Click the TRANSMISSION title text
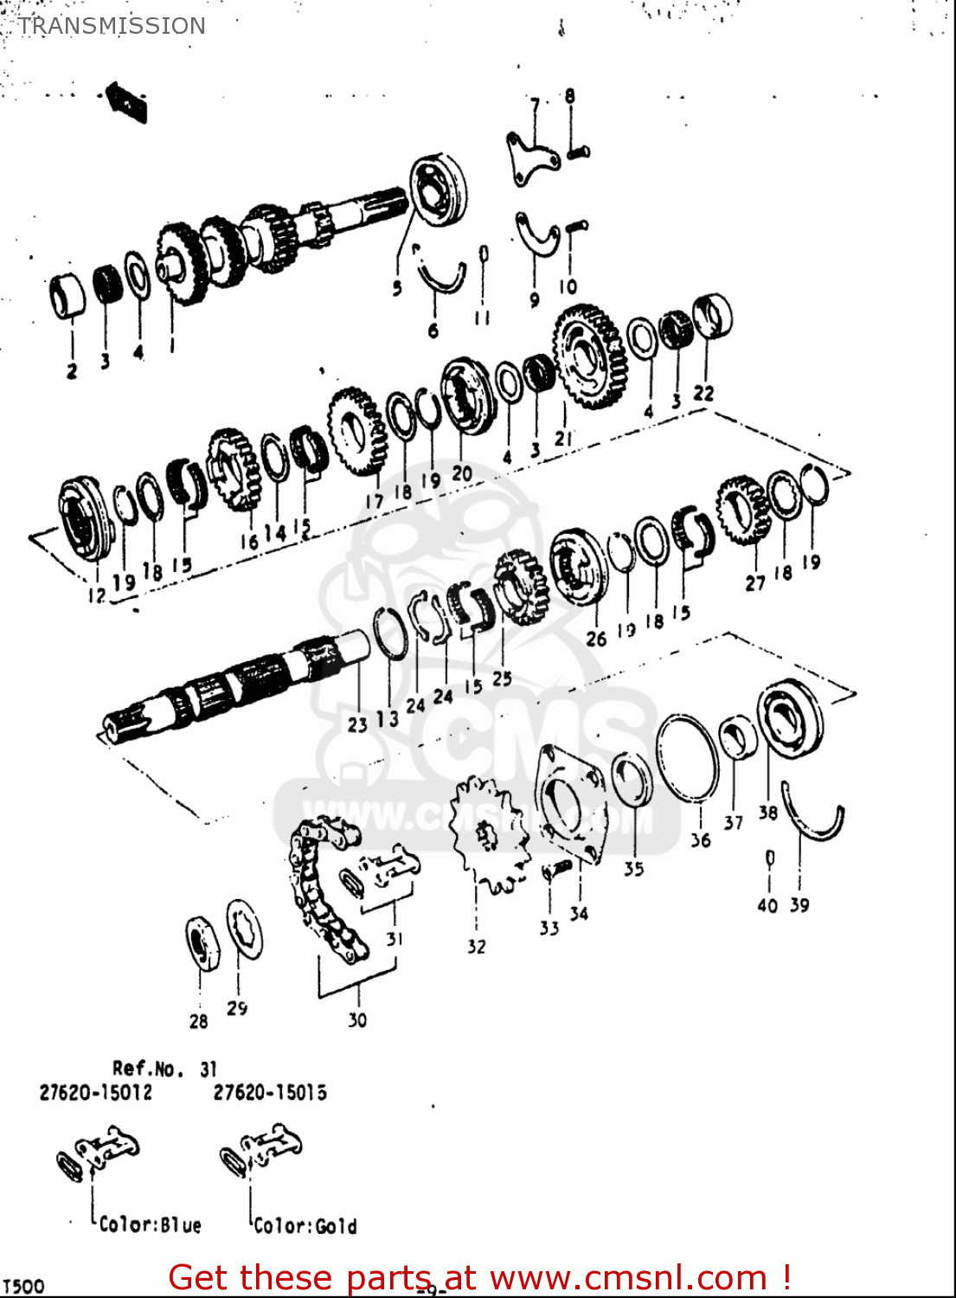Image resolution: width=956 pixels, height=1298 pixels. pyautogui.click(x=112, y=26)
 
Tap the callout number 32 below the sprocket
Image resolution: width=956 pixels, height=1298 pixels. pyautogui.click(x=477, y=947)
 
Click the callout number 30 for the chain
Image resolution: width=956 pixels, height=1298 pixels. pyautogui.click(x=357, y=1020)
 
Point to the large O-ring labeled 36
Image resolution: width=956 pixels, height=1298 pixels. pyautogui.click(x=688, y=759)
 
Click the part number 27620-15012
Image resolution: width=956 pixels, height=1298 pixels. pyautogui.click(x=95, y=1093)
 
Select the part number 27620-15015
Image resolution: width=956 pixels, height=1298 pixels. pyautogui.click(x=270, y=1093)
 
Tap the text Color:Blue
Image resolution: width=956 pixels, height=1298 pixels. pyautogui.click(x=150, y=1225)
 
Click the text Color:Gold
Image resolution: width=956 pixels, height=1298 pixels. pyautogui.click(x=305, y=1226)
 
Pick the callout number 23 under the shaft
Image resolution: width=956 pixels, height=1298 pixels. pyautogui.click(x=357, y=725)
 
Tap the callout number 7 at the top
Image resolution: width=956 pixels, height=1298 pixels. pyautogui.click(x=535, y=106)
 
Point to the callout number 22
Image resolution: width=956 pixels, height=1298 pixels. pyautogui.click(x=704, y=393)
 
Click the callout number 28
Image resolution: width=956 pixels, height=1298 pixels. pyautogui.click(x=199, y=1021)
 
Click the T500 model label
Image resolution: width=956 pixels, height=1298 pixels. pyautogui.click(x=22, y=1286)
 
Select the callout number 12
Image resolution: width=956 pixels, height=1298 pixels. pyautogui.click(x=96, y=594)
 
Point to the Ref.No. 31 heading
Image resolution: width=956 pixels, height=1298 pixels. pyautogui.click(x=164, y=1070)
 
